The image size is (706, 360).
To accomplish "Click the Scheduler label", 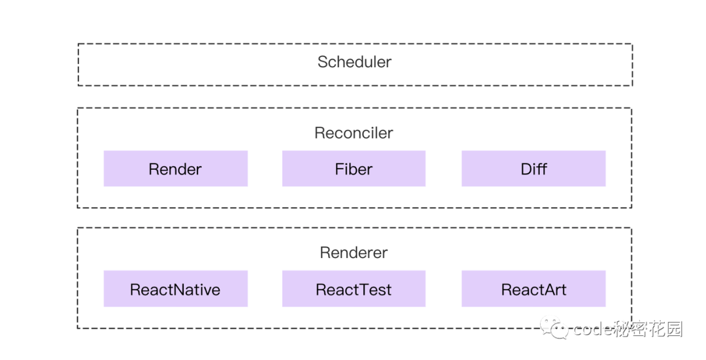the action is pyautogui.click(x=354, y=62).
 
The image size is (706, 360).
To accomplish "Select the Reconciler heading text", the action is pyautogui.click(x=354, y=133).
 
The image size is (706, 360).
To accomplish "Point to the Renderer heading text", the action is pyautogui.click(x=354, y=252).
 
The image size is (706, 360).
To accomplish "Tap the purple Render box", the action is pyautogui.click(x=176, y=169).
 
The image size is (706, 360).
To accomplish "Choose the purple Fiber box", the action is pyautogui.click(x=354, y=169).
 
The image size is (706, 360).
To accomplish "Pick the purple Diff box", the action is pyautogui.click(x=533, y=169).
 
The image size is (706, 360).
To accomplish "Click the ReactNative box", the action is pyautogui.click(x=176, y=288).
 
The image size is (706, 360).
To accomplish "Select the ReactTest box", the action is pyautogui.click(x=354, y=288).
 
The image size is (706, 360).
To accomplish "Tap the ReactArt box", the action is pyautogui.click(x=533, y=288).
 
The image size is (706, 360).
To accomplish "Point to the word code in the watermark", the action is pyautogui.click(x=593, y=329).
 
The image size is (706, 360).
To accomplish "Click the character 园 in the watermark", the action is pyautogui.click(x=674, y=329).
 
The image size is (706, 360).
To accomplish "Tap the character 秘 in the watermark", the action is pyautogui.click(x=622, y=329).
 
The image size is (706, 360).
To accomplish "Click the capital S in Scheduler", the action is pyautogui.click(x=323, y=62).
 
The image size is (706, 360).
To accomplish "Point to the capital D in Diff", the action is pyautogui.click(x=526, y=169).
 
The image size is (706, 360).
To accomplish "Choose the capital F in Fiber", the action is pyautogui.click(x=339, y=169).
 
